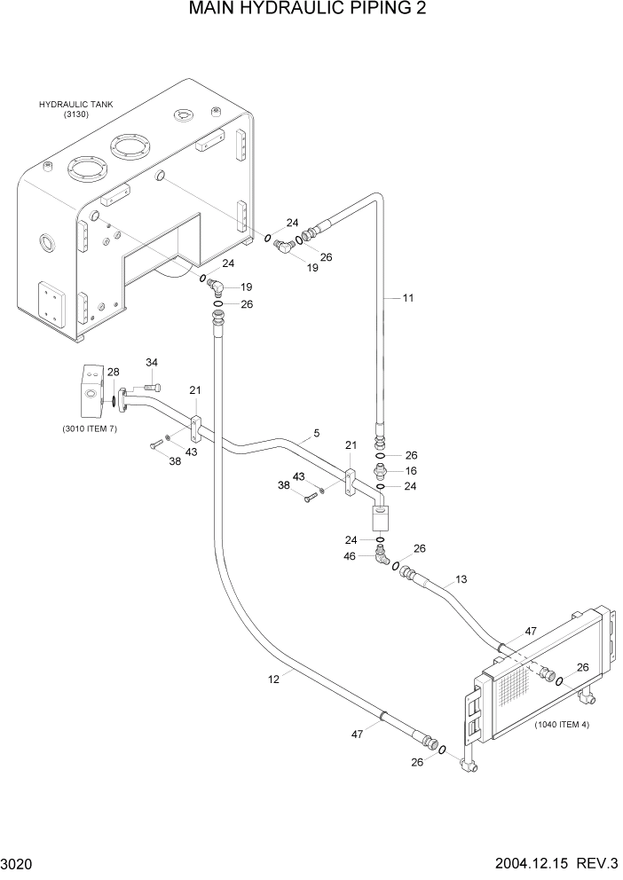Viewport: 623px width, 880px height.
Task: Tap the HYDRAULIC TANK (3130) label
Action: coord(75,109)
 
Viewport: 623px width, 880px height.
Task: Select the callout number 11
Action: coord(408,298)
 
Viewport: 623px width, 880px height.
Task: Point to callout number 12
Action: coord(273,679)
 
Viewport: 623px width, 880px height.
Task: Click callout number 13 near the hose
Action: coord(461,580)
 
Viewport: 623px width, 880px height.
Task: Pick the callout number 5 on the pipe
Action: coord(315,434)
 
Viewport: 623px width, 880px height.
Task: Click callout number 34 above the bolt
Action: coord(151,362)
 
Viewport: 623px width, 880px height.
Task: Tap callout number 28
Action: coord(113,372)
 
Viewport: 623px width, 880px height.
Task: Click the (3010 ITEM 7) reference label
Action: coord(90,428)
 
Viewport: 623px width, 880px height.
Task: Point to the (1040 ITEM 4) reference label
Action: coord(561,724)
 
